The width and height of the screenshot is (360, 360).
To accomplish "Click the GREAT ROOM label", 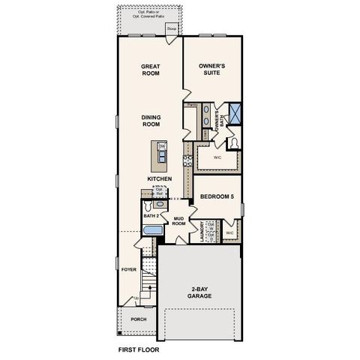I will point(151,70).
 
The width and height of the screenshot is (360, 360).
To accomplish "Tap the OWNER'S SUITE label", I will point(212,70).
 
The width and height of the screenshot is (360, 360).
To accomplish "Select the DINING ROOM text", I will point(151,121).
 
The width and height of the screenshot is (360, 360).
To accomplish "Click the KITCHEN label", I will point(160,178).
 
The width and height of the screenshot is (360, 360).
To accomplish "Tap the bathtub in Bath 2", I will point(151,232).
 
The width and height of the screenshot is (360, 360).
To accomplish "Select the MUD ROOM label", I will point(178,221).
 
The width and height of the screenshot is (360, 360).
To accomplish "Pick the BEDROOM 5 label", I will point(217,197).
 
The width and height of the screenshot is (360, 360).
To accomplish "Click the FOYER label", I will point(128,268).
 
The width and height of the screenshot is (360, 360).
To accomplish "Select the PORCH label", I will point(138,318).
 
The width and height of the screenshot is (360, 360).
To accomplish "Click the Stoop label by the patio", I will point(172,31).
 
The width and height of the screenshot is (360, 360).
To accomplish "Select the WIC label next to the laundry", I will point(229,233).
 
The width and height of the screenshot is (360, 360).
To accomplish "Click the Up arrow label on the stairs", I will point(136,298).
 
